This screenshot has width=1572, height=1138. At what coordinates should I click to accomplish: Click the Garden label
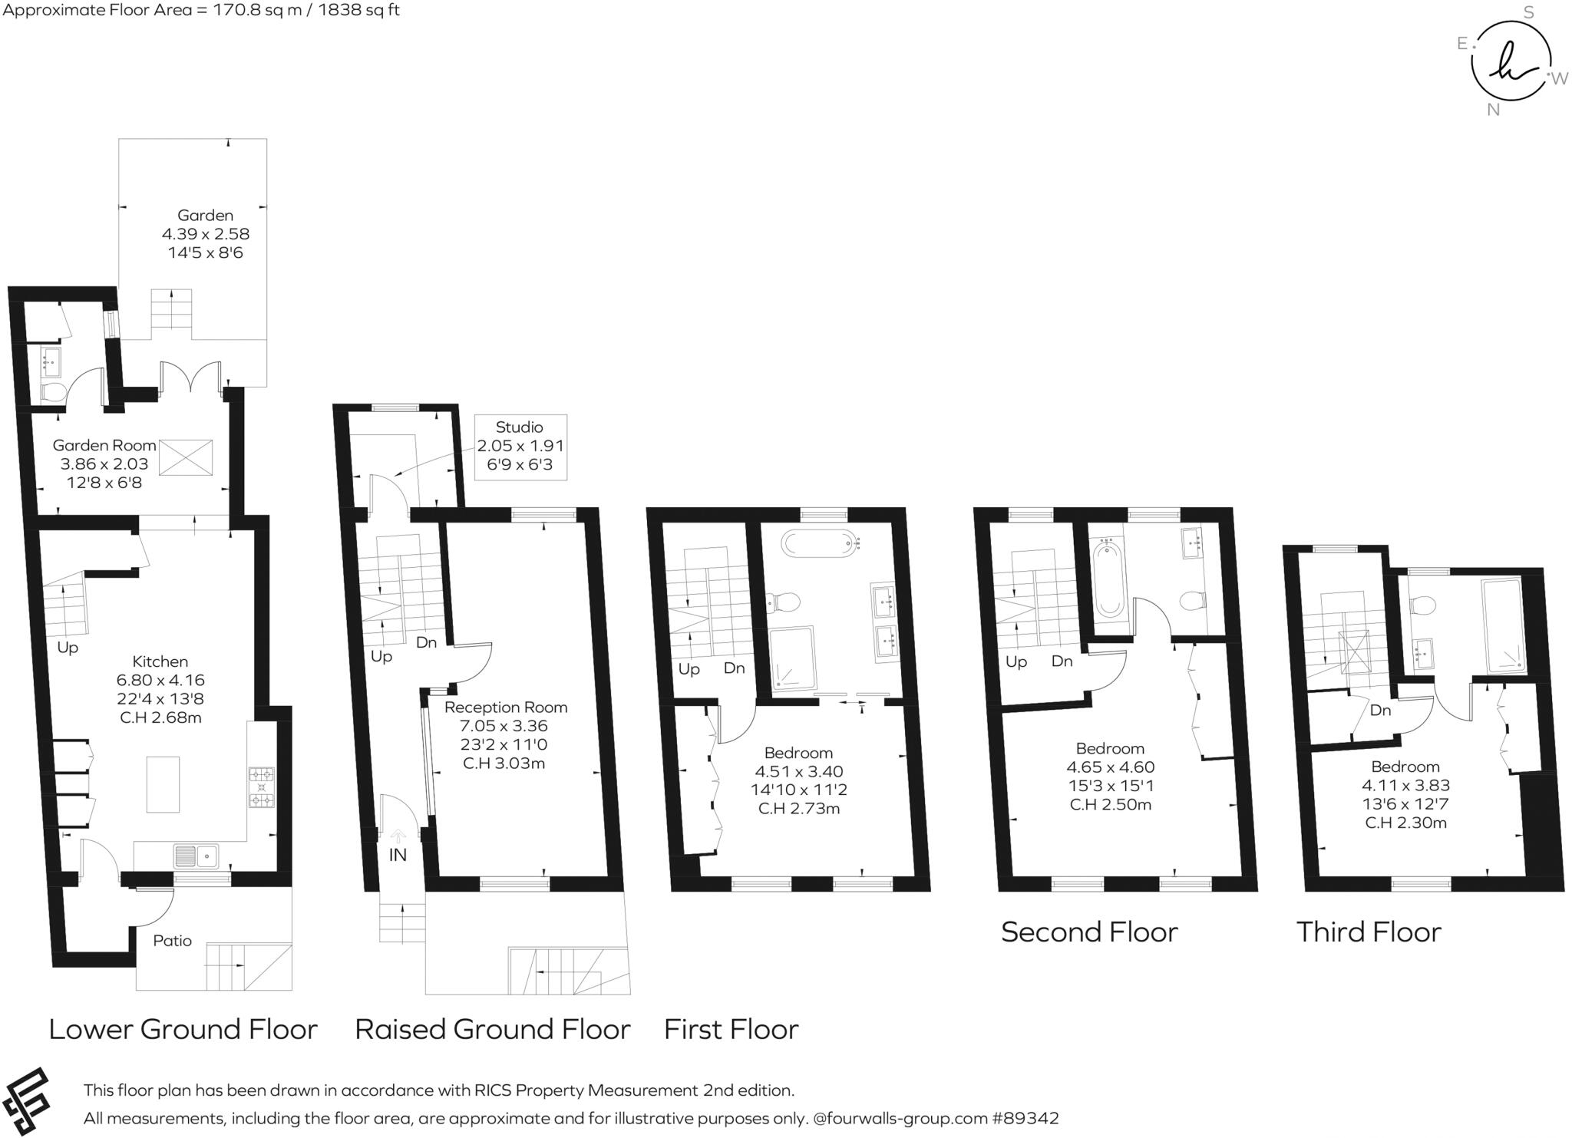pyautogui.click(x=205, y=216)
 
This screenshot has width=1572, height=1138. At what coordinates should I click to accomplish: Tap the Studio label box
pyautogui.click(x=520, y=447)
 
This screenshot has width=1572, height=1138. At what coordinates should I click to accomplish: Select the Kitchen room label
pyautogui.click(x=160, y=661)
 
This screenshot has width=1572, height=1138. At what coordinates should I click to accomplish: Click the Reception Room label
pyautogui.click(x=506, y=708)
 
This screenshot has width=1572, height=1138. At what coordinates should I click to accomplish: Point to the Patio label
pyautogui.click(x=172, y=941)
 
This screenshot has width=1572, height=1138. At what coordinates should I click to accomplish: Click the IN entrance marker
pyautogui.click(x=398, y=855)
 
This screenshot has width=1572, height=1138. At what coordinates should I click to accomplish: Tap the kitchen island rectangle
pyautogui.click(x=163, y=784)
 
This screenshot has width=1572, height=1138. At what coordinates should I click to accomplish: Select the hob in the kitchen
pyautogui.click(x=262, y=788)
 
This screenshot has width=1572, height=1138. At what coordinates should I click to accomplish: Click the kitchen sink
pyautogui.click(x=196, y=856)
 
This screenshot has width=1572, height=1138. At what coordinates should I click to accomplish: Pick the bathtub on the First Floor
pyautogui.click(x=819, y=543)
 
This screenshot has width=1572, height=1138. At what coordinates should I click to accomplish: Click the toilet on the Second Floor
pyautogui.click(x=1192, y=600)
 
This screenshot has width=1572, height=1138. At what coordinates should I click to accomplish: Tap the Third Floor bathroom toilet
pyautogui.click(x=1422, y=606)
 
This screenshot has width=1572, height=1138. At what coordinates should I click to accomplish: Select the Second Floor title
pyautogui.click(x=1088, y=932)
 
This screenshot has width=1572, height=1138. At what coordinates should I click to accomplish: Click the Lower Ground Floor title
pyautogui.click(x=183, y=1029)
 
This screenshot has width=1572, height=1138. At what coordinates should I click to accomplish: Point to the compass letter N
pyautogui.click(x=1493, y=110)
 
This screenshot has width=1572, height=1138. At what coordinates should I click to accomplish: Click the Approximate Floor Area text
pyautogui.click(x=201, y=10)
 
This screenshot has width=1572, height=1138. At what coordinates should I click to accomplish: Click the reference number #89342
pyautogui.click(x=1025, y=1118)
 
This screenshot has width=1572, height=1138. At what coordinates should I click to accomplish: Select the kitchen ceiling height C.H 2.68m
pyautogui.click(x=160, y=718)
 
